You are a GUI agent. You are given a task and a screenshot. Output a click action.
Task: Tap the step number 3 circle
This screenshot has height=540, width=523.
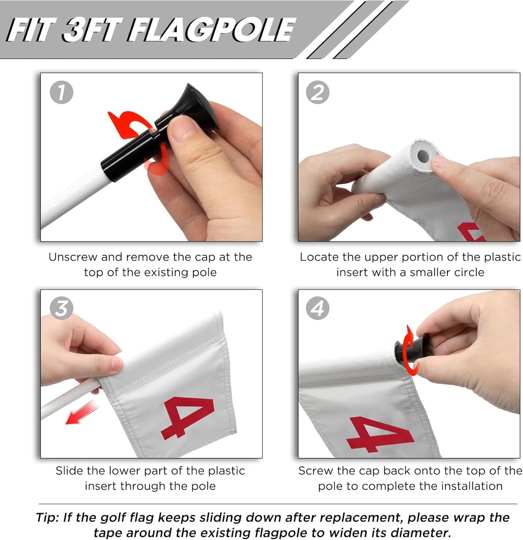click(x=62, y=308)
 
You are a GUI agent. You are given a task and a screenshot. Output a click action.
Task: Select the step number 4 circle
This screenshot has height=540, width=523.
click(x=318, y=308)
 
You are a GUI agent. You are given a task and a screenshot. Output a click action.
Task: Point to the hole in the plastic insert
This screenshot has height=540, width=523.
click(x=422, y=156)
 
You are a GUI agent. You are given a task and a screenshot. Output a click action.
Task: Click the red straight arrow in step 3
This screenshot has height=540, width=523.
click(x=82, y=413)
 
